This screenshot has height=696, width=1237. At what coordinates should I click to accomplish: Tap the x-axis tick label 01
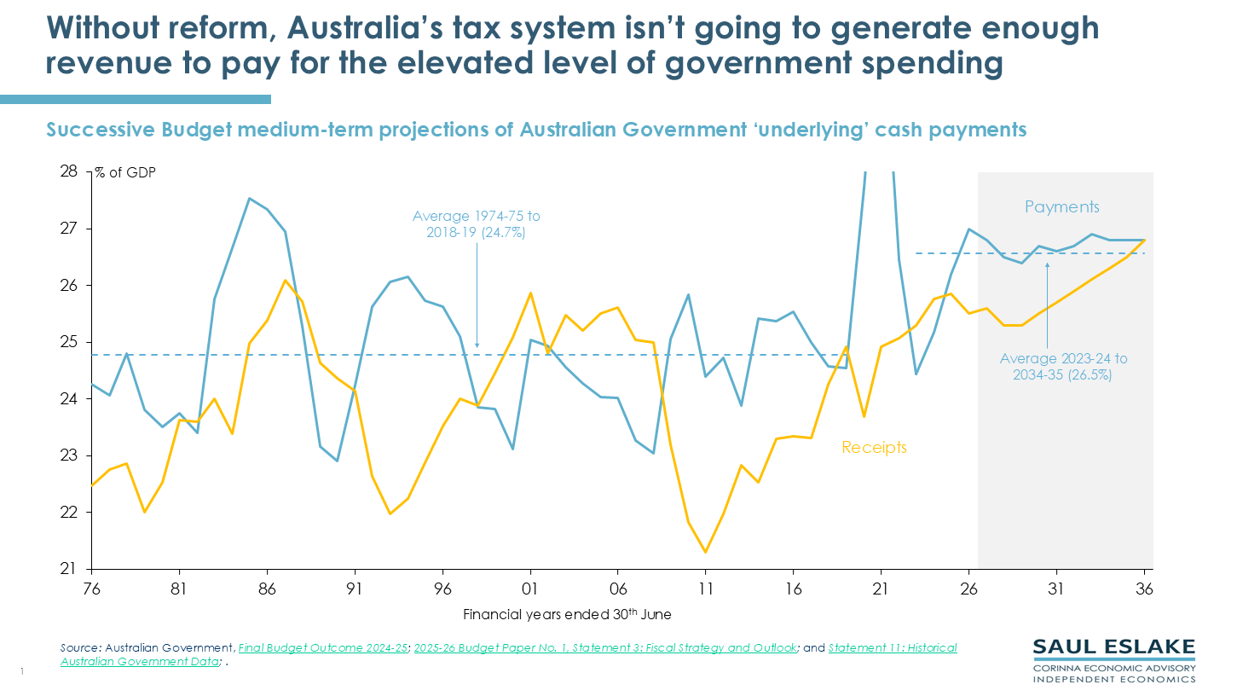click(x=530, y=588)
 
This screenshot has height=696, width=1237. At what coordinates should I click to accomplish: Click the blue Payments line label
click(x=1061, y=207)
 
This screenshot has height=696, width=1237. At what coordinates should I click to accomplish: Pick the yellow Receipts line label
click(x=873, y=447)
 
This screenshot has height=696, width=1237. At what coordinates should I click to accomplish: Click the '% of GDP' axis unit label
click(x=125, y=172)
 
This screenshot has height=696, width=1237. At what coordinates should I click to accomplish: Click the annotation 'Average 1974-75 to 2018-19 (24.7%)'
click(x=477, y=223)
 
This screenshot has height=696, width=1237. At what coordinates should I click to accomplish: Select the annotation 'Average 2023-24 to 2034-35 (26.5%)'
click(x=1062, y=368)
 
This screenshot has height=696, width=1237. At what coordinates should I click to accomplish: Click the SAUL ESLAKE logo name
click(x=1113, y=647)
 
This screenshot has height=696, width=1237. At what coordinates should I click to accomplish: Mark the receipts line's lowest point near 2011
click(x=706, y=552)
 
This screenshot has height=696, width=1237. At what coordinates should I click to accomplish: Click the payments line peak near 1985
click(x=249, y=199)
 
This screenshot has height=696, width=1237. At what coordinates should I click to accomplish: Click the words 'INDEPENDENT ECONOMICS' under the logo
click(x=1113, y=679)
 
